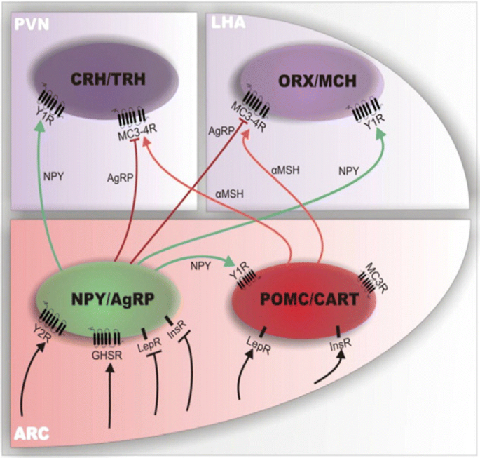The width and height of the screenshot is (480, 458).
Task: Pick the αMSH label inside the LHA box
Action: point(283,168)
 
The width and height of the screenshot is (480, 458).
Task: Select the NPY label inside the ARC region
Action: point(200,267)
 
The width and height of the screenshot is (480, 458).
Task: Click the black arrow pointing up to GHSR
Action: point(109,393)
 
